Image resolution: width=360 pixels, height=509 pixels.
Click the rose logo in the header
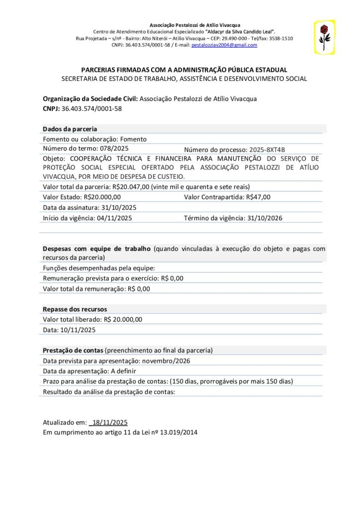pyautogui.click(x=324, y=37)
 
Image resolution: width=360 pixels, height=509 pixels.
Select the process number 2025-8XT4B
pyautogui.click(x=266, y=150)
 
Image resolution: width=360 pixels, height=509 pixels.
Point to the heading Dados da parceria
pyautogui.click(x=70, y=129)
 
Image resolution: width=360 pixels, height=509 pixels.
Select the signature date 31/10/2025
pyautogui.click(x=119, y=207)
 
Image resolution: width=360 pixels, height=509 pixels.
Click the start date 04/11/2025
pyautogui.click(x=115, y=218)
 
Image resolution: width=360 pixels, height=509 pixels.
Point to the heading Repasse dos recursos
pyautogui.click(x=75, y=309)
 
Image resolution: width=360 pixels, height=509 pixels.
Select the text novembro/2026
pyautogui.click(x=167, y=361)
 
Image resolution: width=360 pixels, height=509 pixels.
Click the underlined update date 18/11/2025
pyautogui.click(x=109, y=423)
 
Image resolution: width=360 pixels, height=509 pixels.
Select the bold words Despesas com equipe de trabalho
pyautogui.click(x=96, y=248)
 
